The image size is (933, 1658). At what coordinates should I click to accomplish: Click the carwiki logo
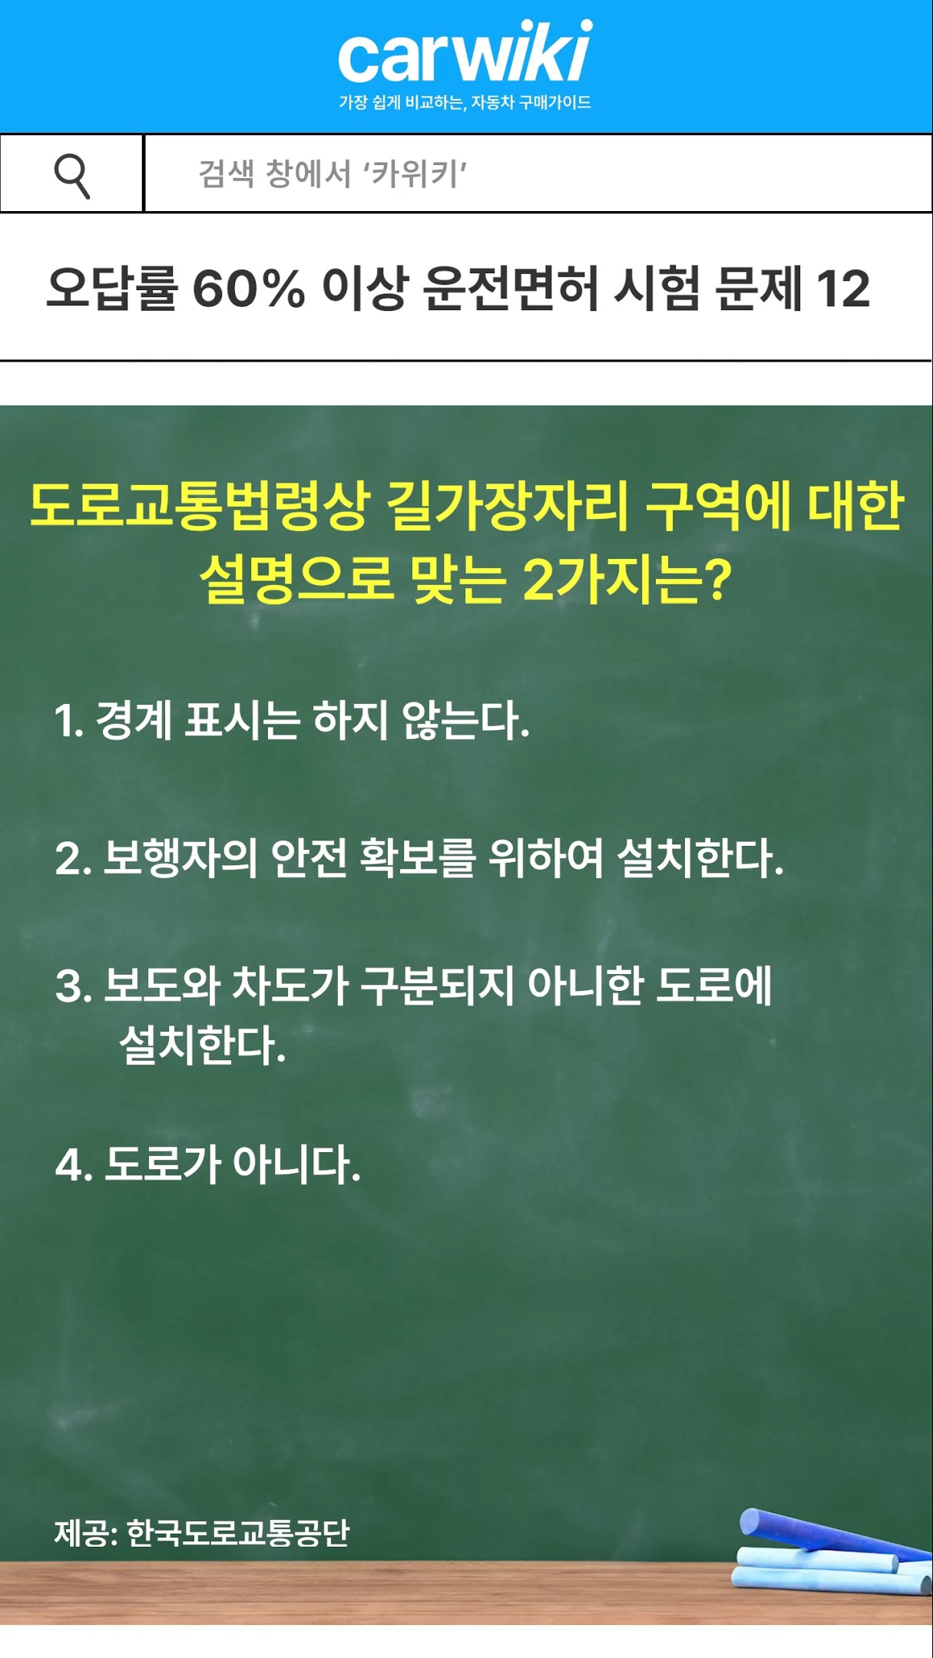click(x=465, y=52)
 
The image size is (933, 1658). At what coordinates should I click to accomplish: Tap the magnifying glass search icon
click(x=72, y=175)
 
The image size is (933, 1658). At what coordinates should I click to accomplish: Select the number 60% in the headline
click(x=248, y=289)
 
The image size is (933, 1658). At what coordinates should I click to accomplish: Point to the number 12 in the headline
click(x=842, y=289)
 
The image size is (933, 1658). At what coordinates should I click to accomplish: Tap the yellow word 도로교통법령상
click(x=199, y=507)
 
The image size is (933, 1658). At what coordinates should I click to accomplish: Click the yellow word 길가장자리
click(x=508, y=507)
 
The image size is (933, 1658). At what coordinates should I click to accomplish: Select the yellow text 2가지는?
click(x=627, y=579)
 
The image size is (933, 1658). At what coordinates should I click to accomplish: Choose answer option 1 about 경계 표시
click(x=292, y=722)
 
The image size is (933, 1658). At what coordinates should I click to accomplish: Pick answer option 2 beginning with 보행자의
click(x=419, y=858)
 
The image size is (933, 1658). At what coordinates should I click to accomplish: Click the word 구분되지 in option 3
click(x=436, y=986)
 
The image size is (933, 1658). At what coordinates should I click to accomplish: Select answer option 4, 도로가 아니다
click(x=207, y=1164)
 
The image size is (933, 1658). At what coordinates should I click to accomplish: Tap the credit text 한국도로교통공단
click(x=237, y=1533)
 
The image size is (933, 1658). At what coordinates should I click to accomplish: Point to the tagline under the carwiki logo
click(x=465, y=102)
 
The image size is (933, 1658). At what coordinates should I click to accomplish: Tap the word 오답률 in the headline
click(x=111, y=289)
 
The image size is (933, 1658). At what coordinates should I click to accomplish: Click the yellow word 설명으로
click(x=296, y=579)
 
